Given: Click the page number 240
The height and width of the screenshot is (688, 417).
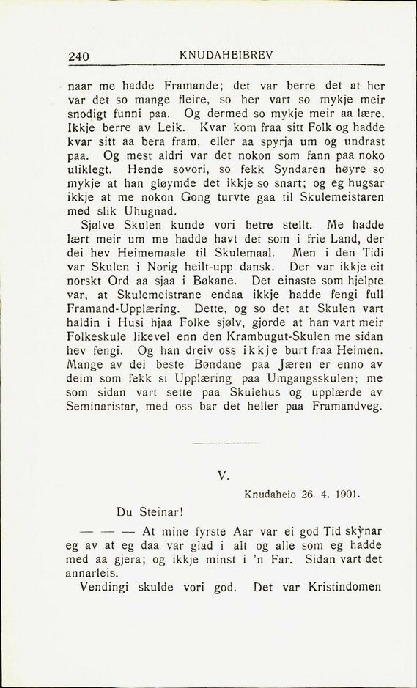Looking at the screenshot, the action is click(78, 55).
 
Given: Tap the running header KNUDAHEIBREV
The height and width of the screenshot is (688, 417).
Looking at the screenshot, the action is click(221, 53).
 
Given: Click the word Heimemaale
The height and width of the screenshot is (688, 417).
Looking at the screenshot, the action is click(163, 253).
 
